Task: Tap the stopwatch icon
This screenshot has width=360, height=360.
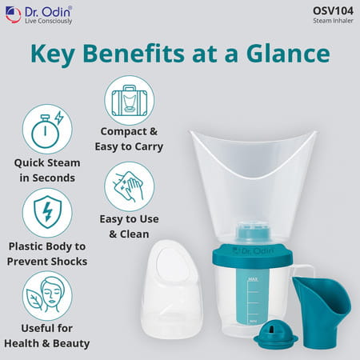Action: tap(47, 128)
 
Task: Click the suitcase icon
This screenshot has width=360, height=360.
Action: tap(129, 99)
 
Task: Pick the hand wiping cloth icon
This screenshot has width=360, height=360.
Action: tap(129, 186)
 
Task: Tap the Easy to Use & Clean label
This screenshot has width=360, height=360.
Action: tap(130, 226)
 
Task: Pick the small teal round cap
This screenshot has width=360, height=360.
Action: tap(276, 334)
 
